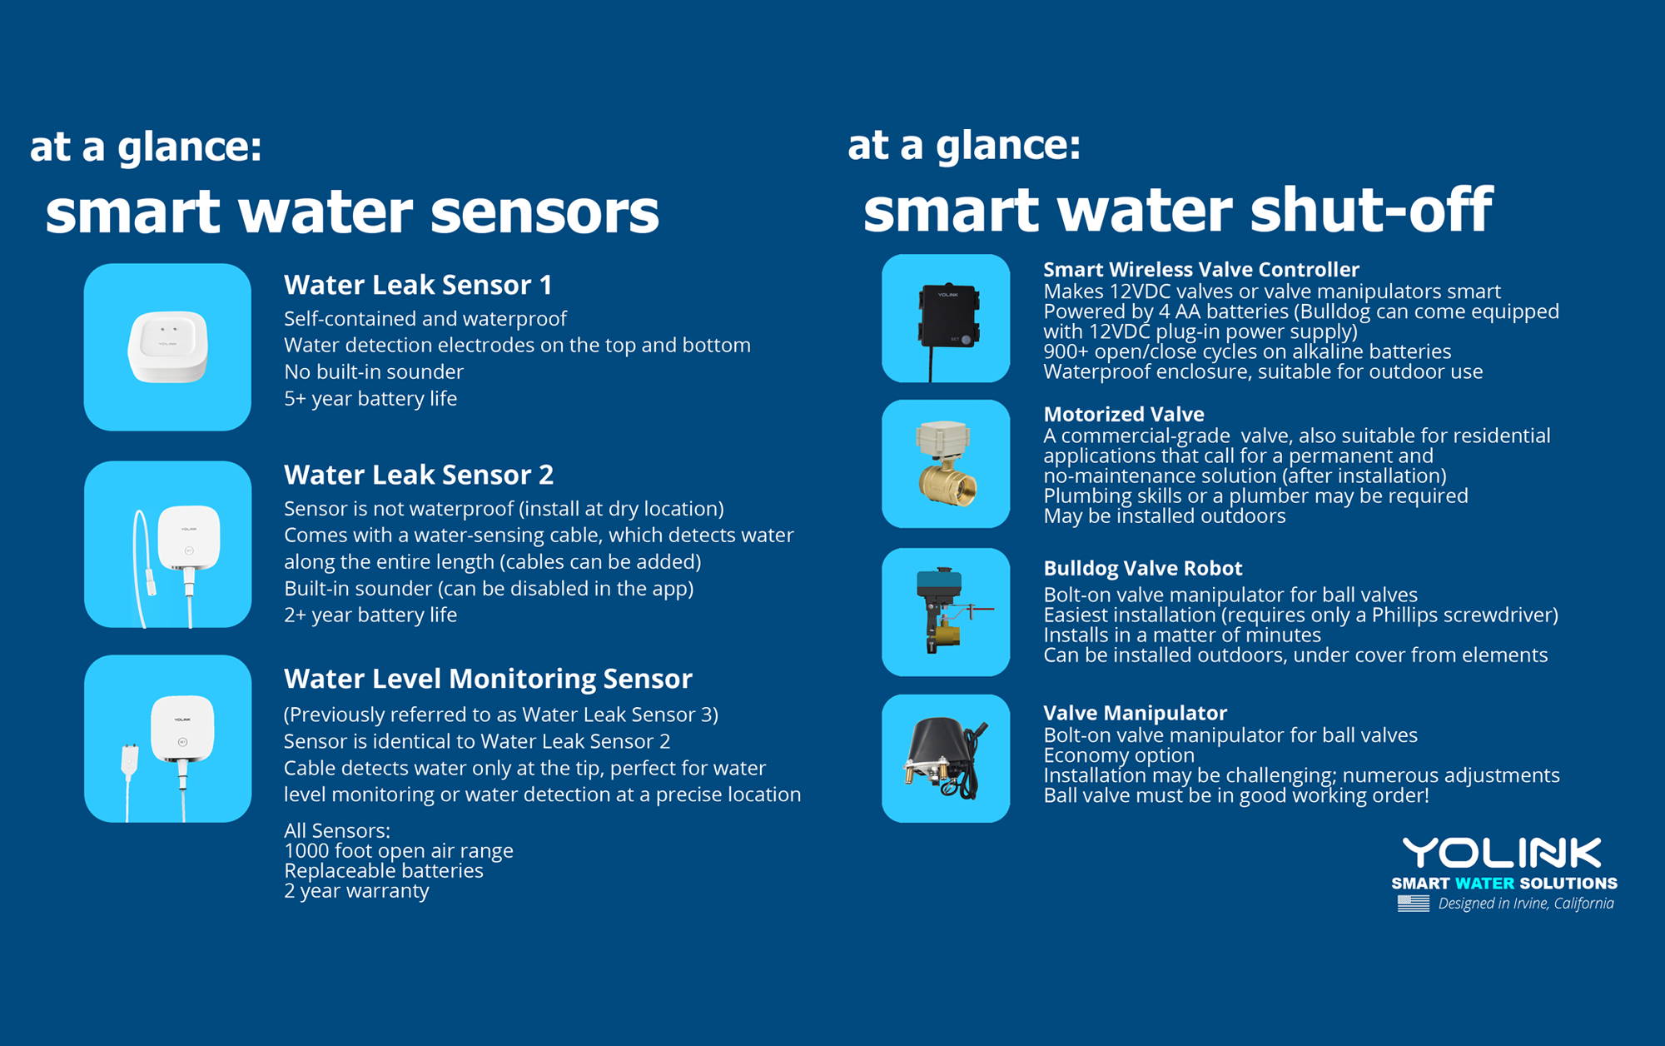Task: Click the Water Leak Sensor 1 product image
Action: click(x=167, y=347)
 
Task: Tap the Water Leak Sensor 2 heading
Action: click(x=419, y=475)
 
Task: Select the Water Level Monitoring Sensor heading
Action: click(x=488, y=679)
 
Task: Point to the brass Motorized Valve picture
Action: click(x=946, y=464)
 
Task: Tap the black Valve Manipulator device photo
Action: click(x=946, y=759)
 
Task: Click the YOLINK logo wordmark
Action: click(x=1502, y=854)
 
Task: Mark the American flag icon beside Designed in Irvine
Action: click(x=1414, y=904)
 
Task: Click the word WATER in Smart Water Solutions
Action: click(x=1484, y=884)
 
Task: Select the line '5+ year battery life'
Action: click(x=370, y=399)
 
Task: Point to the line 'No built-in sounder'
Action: click(x=374, y=371)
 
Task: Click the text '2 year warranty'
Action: click(x=356, y=891)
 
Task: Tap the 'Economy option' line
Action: click(x=1119, y=755)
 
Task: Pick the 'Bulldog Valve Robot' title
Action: click(x=1143, y=568)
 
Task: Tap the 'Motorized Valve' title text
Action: click(x=1124, y=414)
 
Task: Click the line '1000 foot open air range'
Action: click(x=399, y=851)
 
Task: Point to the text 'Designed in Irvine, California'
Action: click(x=1526, y=904)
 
